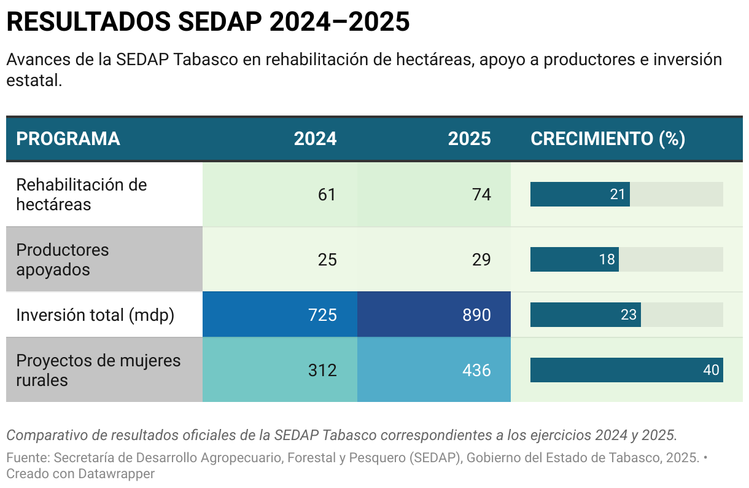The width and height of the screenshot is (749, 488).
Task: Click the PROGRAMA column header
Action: pyautogui.click(x=68, y=139)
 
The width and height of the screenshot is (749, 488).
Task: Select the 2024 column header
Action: pyautogui.click(x=315, y=139)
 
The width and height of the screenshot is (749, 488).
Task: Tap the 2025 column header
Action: pyautogui.click(x=469, y=139)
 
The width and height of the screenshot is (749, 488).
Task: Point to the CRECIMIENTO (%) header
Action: pyautogui.click(x=607, y=139)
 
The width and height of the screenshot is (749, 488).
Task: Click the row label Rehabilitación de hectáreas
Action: pyautogui.click(x=81, y=194)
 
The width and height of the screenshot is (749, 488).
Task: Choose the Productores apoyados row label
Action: pyautogui.click(x=62, y=259)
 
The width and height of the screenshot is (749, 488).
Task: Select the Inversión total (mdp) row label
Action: pyautogui.click(x=95, y=315)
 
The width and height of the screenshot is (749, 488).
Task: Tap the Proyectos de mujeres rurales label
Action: pyautogui.click(x=98, y=370)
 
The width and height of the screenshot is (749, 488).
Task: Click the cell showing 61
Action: pyautogui.click(x=327, y=194)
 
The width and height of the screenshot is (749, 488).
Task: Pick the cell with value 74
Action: pyautogui.click(x=481, y=194)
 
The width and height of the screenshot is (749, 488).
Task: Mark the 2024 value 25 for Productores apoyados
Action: pyautogui.click(x=327, y=259)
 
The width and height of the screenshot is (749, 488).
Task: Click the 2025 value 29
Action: pyautogui.click(x=481, y=259)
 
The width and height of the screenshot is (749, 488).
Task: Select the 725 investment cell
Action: pyautogui.click(x=322, y=315)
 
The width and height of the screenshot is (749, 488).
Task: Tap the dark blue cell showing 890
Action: pyautogui.click(x=476, y=315)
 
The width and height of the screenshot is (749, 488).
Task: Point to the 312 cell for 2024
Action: pyautogui.click(x=322, y=370)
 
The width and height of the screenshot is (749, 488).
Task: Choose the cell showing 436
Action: pyautogui.click(x=476, y=370)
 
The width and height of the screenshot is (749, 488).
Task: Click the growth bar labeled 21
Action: pyautogui.click(x=580, y=194)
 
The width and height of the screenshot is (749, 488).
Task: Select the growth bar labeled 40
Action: pyautogui.click(x=626, y=370)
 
